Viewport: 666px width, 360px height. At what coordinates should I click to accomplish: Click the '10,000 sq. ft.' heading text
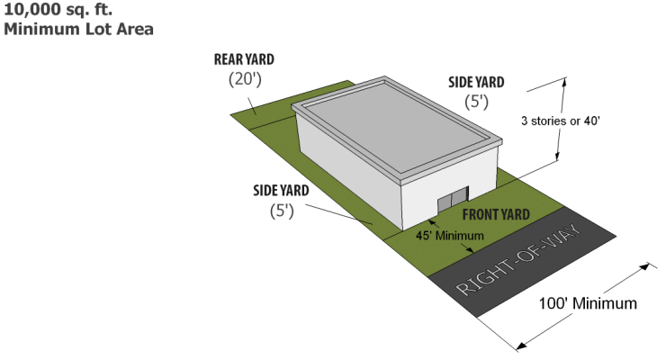click(x=58, y=9)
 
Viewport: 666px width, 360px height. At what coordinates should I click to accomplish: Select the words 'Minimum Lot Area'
click(x=78, y=30)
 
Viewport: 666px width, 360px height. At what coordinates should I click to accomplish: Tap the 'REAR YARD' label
click(x=244, y=59)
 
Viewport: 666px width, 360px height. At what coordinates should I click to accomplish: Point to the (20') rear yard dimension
click(x=245, y=79)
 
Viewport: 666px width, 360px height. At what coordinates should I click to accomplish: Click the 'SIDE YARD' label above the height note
click(x=476, y=82)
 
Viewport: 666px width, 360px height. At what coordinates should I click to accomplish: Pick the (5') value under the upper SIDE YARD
click(x=477, y=102)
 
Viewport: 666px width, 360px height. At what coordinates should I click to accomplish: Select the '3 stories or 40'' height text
click(x=560, y=121)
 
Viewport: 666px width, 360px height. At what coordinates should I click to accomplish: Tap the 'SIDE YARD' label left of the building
click(x=281, y=191)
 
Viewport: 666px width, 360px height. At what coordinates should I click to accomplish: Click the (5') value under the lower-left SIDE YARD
click(x=282, y=211)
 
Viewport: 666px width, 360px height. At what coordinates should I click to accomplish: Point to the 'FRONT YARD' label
click(x=496, y=214)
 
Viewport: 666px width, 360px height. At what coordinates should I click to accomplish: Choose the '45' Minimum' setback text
click(x=450, y=236)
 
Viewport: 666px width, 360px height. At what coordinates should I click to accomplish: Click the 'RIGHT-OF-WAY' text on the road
click(x=519, y=259)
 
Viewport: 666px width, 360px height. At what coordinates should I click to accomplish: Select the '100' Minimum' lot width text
click(x=588, y=303)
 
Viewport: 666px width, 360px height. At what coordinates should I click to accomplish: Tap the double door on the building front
click(x=453, y=199)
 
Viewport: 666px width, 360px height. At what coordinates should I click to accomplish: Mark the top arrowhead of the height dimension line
click(x=564, y=82)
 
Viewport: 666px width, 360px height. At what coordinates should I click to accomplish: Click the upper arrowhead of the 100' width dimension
click(x=645, y=266)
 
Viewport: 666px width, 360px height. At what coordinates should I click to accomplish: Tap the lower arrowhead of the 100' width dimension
click(x=522, y=345)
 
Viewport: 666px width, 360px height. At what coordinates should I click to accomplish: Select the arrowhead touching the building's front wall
click(x=431, y=221)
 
